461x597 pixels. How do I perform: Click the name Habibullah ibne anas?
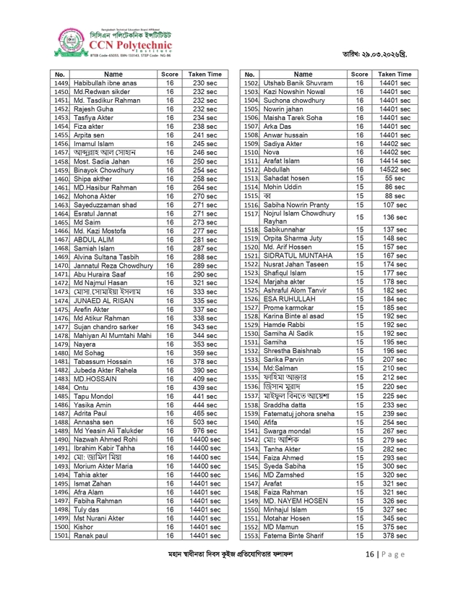point(105,84)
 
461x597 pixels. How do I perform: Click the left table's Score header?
point(170,75)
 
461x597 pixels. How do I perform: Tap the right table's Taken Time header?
point(395,75)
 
